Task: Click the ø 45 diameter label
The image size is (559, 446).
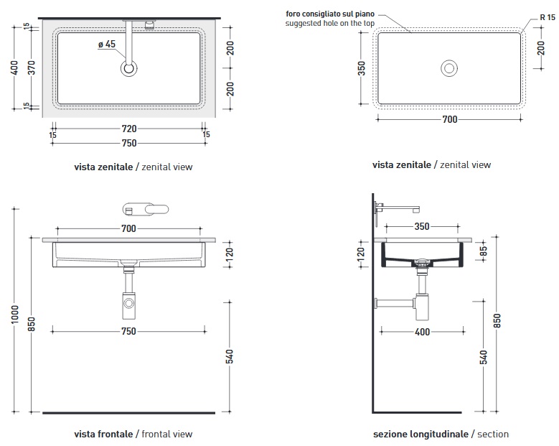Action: pos(107,45)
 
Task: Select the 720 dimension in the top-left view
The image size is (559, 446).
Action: pos(129,129)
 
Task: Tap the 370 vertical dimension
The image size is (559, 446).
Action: pos(32,68)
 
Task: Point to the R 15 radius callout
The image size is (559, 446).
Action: pos(548,17)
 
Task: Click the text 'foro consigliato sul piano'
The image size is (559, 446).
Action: pos(330,14)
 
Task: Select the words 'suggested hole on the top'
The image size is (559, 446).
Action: pos(330,23)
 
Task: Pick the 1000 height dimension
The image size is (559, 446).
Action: pos(14,315)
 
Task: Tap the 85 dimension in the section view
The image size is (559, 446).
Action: pos(484,251)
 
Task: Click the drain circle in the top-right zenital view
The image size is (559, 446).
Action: pos(449,68)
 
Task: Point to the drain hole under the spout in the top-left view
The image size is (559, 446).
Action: pos(128,68)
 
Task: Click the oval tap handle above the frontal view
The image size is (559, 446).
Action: pos(146,210)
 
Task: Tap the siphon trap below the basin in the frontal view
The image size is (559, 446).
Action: pos(128,305)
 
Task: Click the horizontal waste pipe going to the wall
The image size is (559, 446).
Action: pos(395,303)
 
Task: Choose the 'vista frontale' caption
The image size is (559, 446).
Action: pos(103,434)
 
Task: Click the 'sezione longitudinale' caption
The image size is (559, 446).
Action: pos(421,434)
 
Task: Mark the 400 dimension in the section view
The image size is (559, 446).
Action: pos(422,332)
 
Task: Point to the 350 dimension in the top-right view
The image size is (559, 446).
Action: pos(362,68)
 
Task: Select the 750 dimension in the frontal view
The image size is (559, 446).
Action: pos(128,331)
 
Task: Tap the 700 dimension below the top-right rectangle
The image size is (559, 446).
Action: pos(449,119)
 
